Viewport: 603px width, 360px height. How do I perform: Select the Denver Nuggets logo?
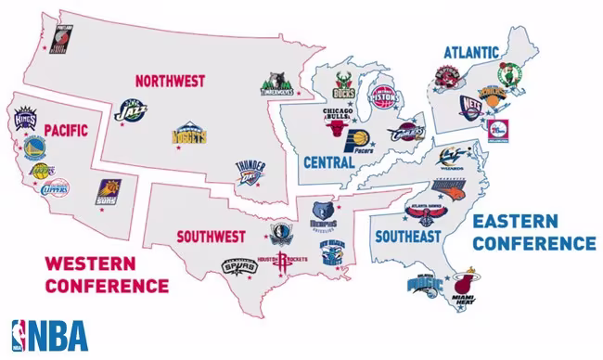click(188, 136)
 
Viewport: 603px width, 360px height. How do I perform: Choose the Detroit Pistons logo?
click(382, 95)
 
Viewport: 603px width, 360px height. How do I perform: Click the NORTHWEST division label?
click(169, 82)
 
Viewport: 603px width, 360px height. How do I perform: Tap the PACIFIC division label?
click(64, 131)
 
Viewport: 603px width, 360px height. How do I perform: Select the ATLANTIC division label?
click(470, 52)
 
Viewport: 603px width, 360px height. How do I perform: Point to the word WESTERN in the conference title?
click(91, 264)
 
